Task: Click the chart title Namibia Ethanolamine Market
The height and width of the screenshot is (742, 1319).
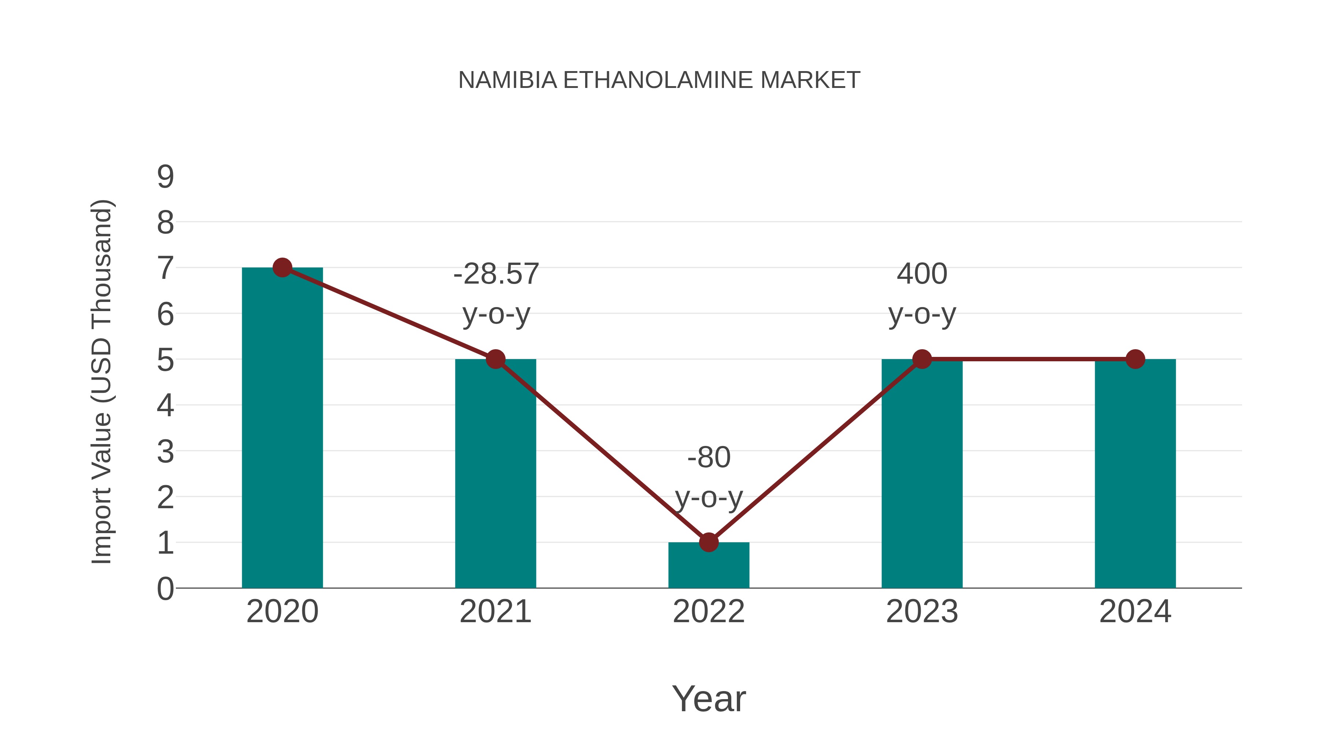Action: coord(659,80)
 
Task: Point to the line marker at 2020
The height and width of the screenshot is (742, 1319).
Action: coord(282,267)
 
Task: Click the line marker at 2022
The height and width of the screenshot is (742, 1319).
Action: coord(709,542)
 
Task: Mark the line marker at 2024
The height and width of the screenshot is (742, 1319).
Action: coord(1135,359)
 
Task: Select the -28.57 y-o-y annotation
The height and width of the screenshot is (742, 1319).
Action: coord(496,294)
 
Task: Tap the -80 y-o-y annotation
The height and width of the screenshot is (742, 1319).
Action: coord(709,477)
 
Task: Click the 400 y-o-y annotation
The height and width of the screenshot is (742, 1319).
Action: coord(922,294)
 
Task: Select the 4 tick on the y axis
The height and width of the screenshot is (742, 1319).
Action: coord(165,406)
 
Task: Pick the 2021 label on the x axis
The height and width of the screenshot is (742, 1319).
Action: coord(495,612)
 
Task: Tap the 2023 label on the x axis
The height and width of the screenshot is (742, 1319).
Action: coord(922,612)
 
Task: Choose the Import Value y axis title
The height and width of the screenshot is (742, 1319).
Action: coord(101,382)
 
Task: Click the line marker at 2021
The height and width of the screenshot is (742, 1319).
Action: coord(495,359)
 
